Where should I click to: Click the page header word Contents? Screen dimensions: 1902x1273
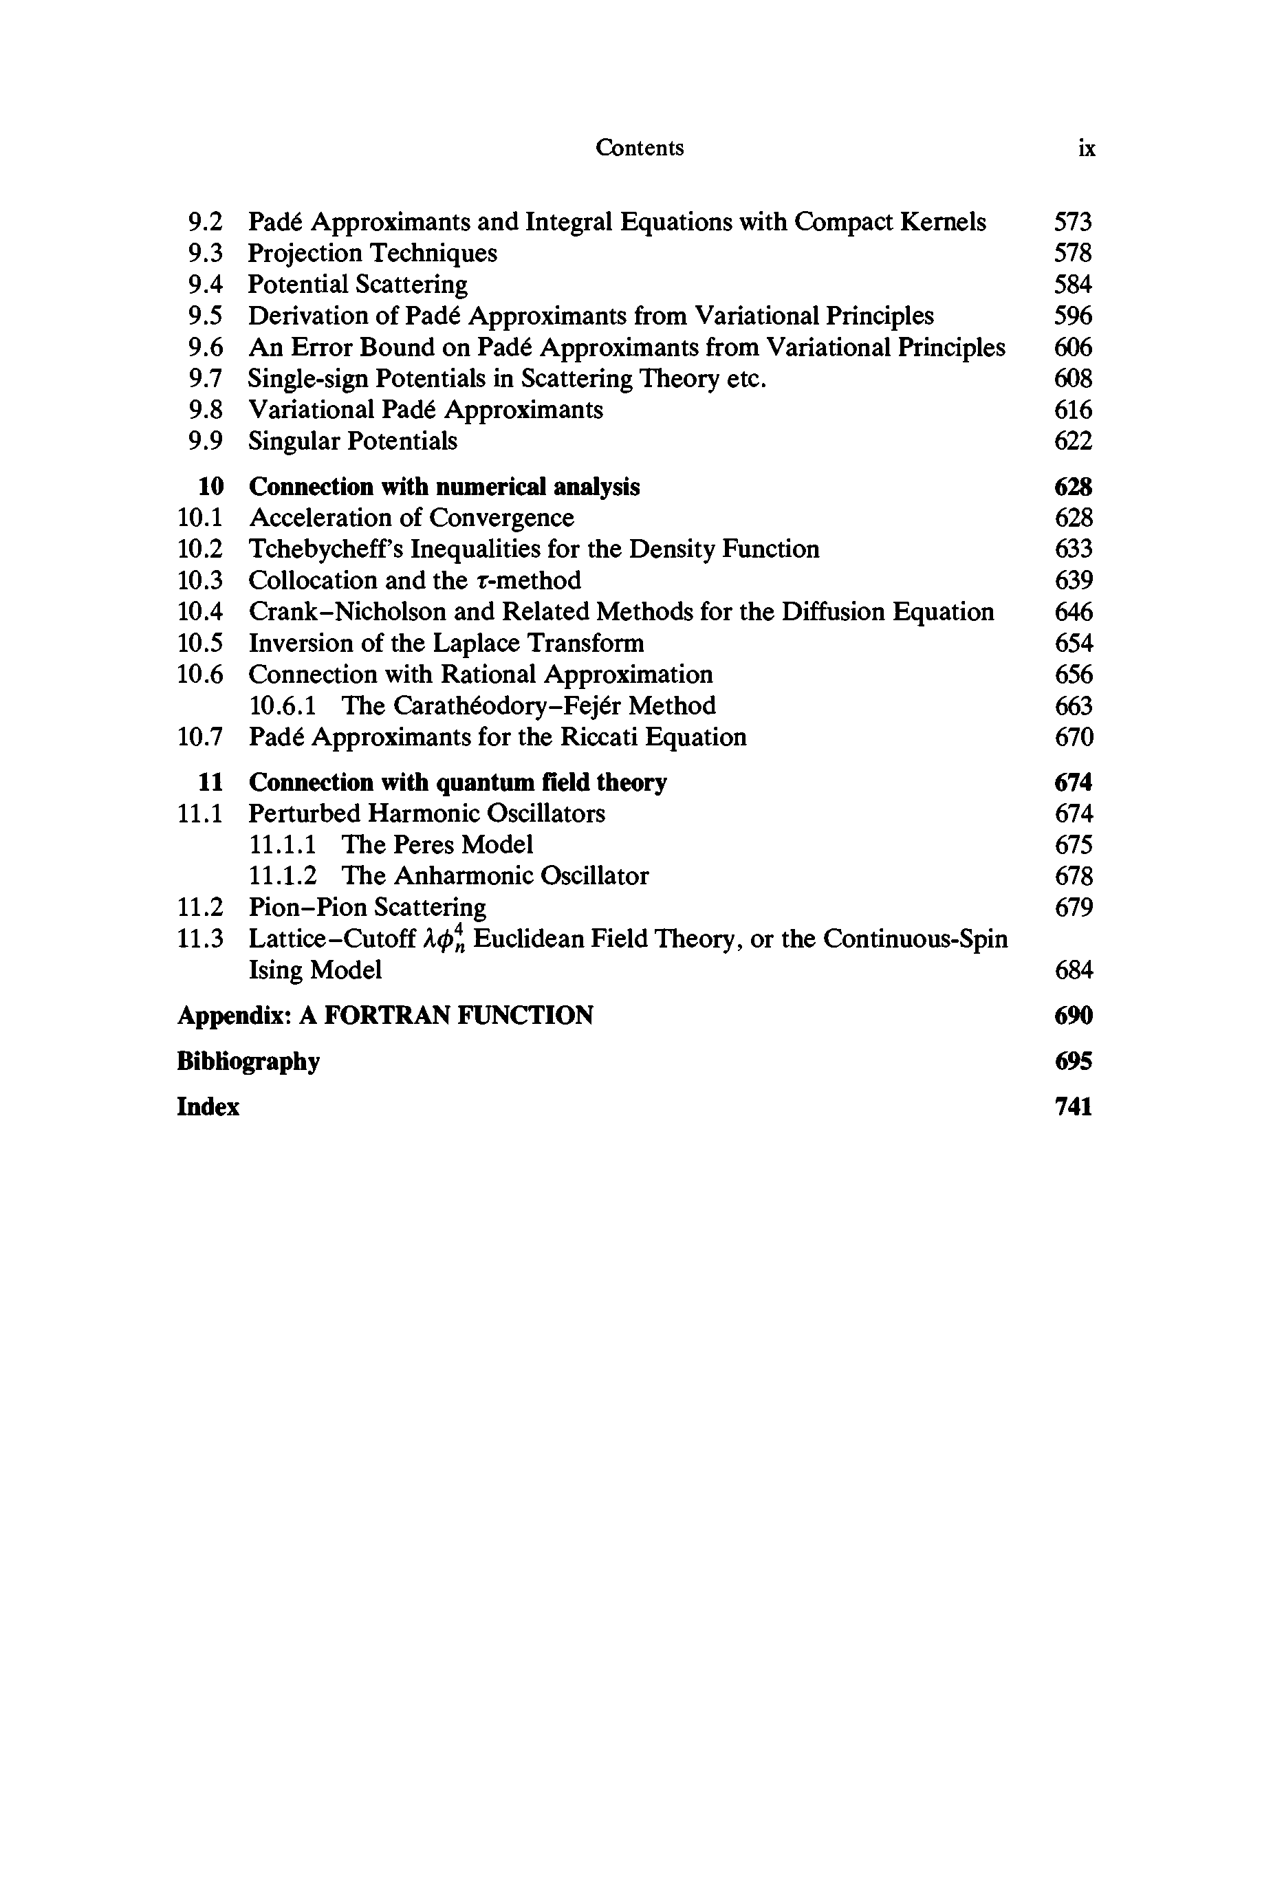pyautogui.click(x=639, y=148)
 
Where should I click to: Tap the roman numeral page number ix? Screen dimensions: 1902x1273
pyautogui.click(x=1086, y=149)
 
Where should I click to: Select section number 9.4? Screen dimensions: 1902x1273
pyautogui.click(x=204, y=284)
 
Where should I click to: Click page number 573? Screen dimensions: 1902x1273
pyautogui.click(x=1072, y=221)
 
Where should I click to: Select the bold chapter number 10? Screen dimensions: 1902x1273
pyautogui.click(x=210, y=486)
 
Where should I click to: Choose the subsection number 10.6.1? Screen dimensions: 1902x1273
pyautogui.click(x=283, y=706)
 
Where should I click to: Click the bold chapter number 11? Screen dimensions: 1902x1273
pyautogui.click(x=210, y=782)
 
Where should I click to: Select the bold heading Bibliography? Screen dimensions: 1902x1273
pyautogui.click(x=248, y=1061)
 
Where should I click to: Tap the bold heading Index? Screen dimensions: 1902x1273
pyautogui.click(x=208, y=1107)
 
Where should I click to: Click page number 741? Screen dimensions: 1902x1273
pyautogui.click(x=1072, y=1107)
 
